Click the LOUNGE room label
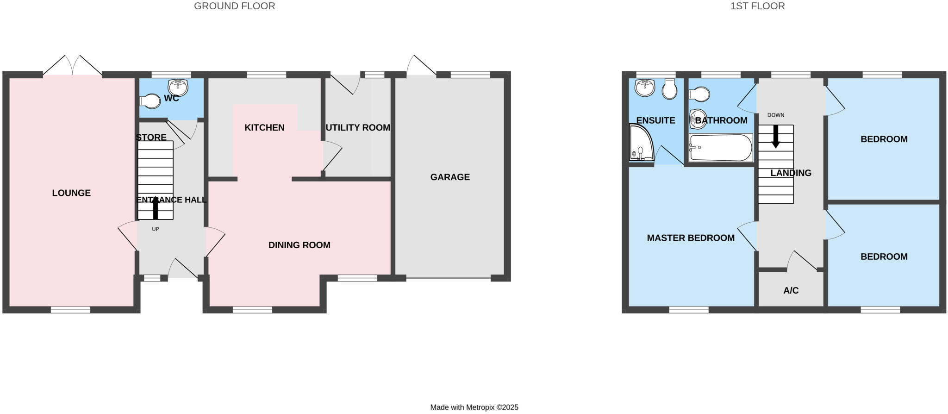[x=71, y=193]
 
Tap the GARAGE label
[x=450, y=177]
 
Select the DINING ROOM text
[x=299, y=245]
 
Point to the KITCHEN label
[x=264, y=127]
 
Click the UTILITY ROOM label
[x=358, y=127]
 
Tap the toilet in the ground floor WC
[x=150, y=101]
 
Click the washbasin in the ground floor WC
[x=178, y=86]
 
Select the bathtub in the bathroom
[x=720, y=147]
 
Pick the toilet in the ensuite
[x=669, y=88]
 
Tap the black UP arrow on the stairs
[x=156, y=208]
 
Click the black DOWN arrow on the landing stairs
[x=776, y=137]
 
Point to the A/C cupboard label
[x=791, y=290]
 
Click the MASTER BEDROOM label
[x=690, y=238]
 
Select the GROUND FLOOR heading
[x=234, y=6]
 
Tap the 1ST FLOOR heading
[x=757, y=6]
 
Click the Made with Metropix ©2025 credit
[x=474, y=408]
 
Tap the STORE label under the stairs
[x=151, y=138]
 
